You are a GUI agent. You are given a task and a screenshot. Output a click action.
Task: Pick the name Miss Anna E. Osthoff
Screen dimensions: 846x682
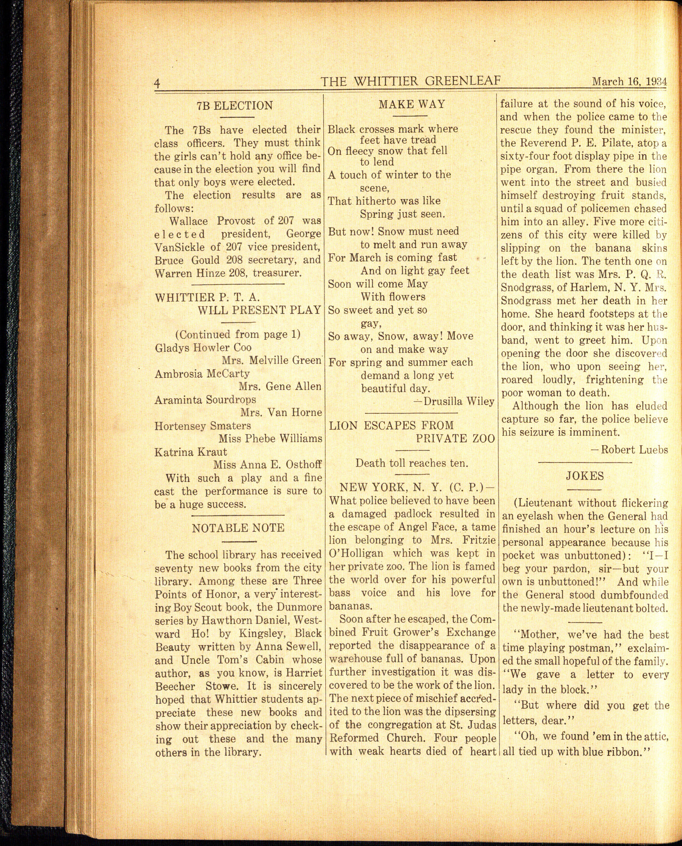point(267,465)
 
